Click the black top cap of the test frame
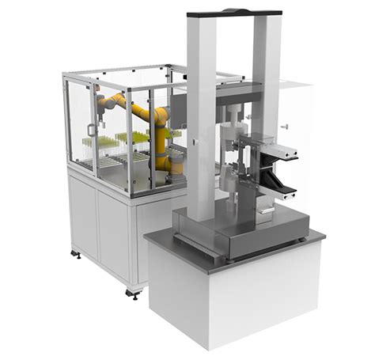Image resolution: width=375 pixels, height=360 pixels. pos(234,13)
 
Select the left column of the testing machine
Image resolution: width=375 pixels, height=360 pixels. pos(201,111)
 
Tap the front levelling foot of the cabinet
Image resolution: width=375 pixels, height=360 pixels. pos(132,294)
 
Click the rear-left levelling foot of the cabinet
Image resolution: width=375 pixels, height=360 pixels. pos(76,255)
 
